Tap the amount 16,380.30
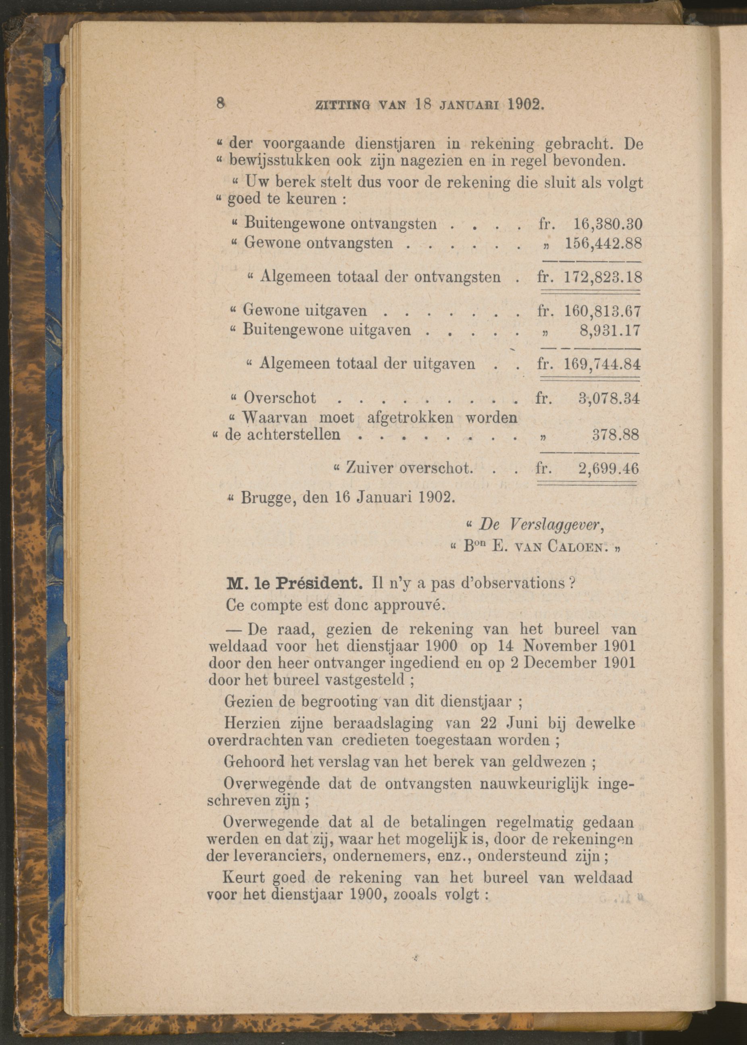pyautogui.click(x=607, y=224)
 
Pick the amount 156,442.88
pyautogui.click(x=603, y=243)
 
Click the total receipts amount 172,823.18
pyautogui.click(x=603, y=277)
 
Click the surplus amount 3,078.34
pyautogui.click(x=609, y=398)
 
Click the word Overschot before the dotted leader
pyautogui.click(x=280, y=398)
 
